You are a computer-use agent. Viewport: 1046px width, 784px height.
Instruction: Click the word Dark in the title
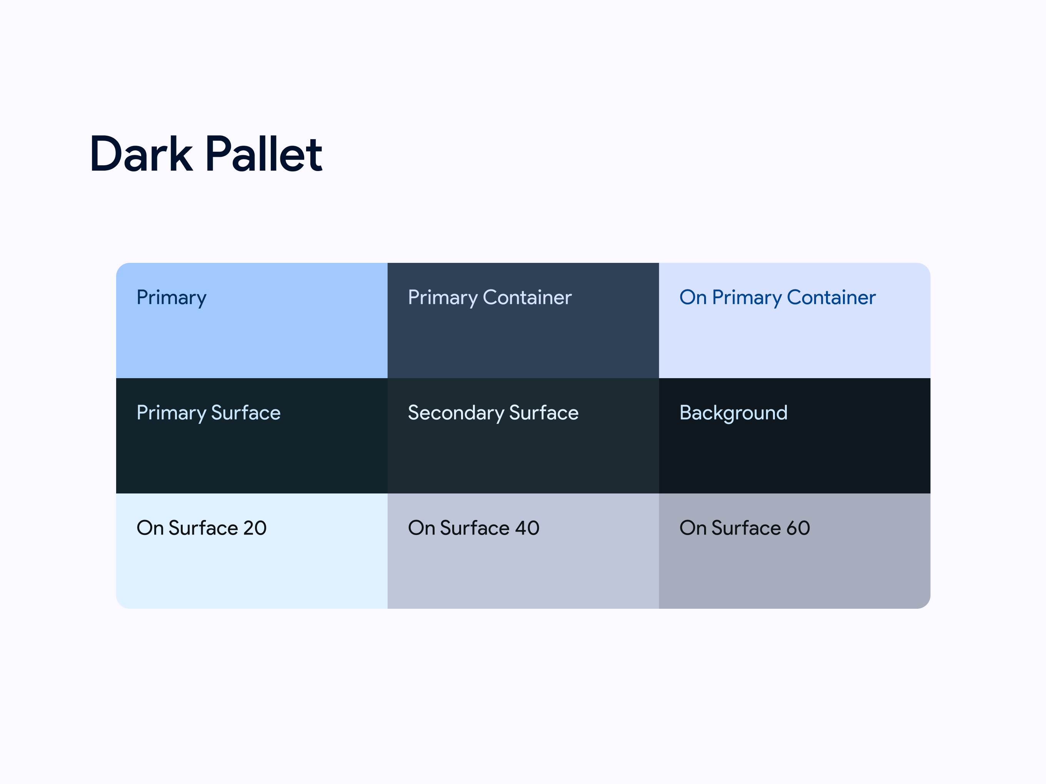click(141, 154)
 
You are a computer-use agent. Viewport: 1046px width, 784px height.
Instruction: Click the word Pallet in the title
click(264, 154)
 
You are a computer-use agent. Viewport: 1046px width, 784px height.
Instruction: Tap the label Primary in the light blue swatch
click(171, 298)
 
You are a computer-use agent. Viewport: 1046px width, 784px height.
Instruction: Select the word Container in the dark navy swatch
click(527, 298)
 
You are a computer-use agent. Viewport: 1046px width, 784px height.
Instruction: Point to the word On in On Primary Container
click(693, 298)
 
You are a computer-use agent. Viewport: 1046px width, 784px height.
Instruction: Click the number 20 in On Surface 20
click(255, 528)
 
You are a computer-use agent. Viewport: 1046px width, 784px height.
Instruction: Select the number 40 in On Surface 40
click(527, 528)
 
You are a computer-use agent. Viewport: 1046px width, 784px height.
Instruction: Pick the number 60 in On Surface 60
click(798, 528)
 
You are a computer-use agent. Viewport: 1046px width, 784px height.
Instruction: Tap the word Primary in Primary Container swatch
click(443, 298)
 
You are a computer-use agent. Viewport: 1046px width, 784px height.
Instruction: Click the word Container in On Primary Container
click(831, 298)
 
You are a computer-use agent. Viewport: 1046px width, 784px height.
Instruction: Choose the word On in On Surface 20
click(150, 528)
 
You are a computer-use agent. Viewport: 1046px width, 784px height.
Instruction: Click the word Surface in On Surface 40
click(475, 528)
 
